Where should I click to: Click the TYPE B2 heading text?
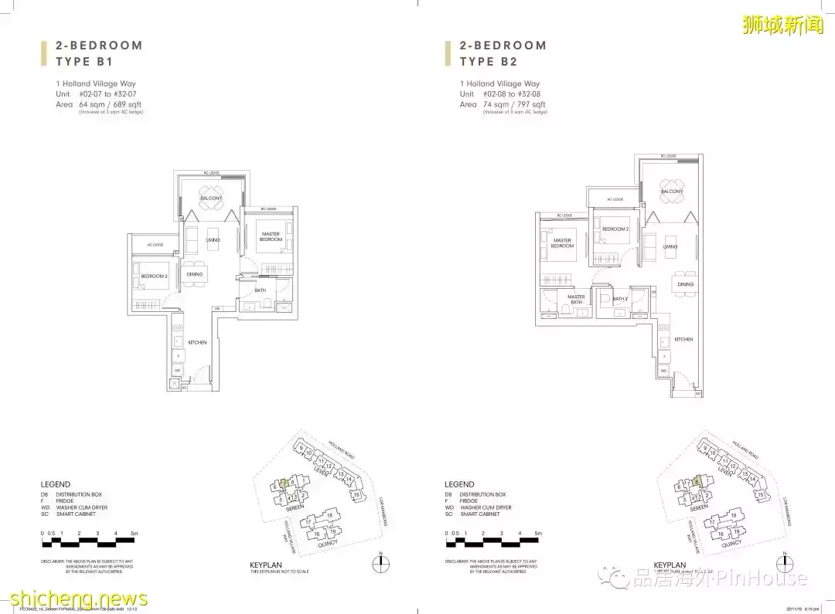coord(488,61)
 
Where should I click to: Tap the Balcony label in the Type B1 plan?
coord(211,198)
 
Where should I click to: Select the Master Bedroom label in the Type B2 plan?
coord(563,243)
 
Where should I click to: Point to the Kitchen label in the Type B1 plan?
coord(197,342)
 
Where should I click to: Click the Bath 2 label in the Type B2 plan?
coord(620,299)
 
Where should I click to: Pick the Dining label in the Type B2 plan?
coord(685,284)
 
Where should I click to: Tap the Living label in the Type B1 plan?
coord(213,240)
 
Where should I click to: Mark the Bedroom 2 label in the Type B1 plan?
coord(154,276)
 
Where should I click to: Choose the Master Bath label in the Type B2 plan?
coord(576,299)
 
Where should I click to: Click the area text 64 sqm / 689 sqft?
coord(110,104)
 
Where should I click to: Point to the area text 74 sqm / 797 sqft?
coord(513,104)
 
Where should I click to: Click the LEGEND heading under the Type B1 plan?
coord(56,484)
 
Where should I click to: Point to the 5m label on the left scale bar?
coord(135,533)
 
